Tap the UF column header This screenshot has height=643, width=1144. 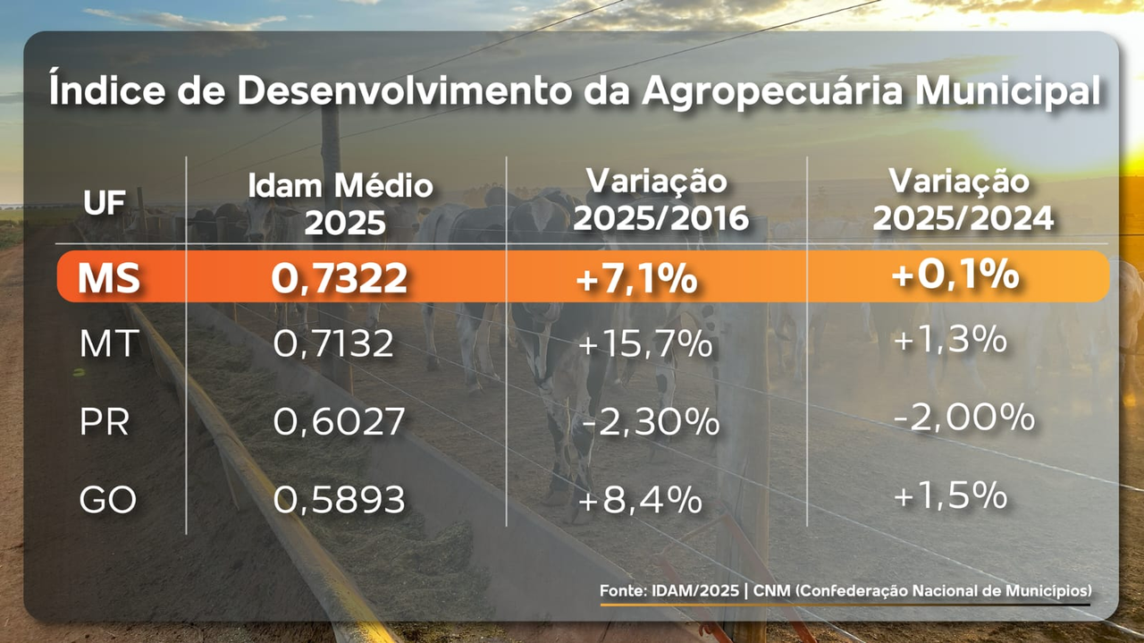pos(105,203)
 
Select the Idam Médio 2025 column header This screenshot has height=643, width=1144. pos(340,203)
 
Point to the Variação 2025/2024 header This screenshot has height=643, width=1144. pos(959,199)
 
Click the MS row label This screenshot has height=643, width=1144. pos(108,279)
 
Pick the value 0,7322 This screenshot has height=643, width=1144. pos(340,279)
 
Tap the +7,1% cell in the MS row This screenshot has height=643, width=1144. pos(636,279)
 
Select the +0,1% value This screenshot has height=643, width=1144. pos(955,275)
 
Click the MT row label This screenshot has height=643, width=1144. pos(109,343)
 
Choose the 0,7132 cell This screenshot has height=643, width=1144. pos(333,344)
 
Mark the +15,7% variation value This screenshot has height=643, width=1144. pos(645,344)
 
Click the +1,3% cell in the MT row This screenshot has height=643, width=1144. pos(951,341)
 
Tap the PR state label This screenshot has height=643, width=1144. pos(105,422)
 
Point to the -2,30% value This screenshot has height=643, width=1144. pos(650,422)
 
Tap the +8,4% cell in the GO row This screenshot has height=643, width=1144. pos(639,500)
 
